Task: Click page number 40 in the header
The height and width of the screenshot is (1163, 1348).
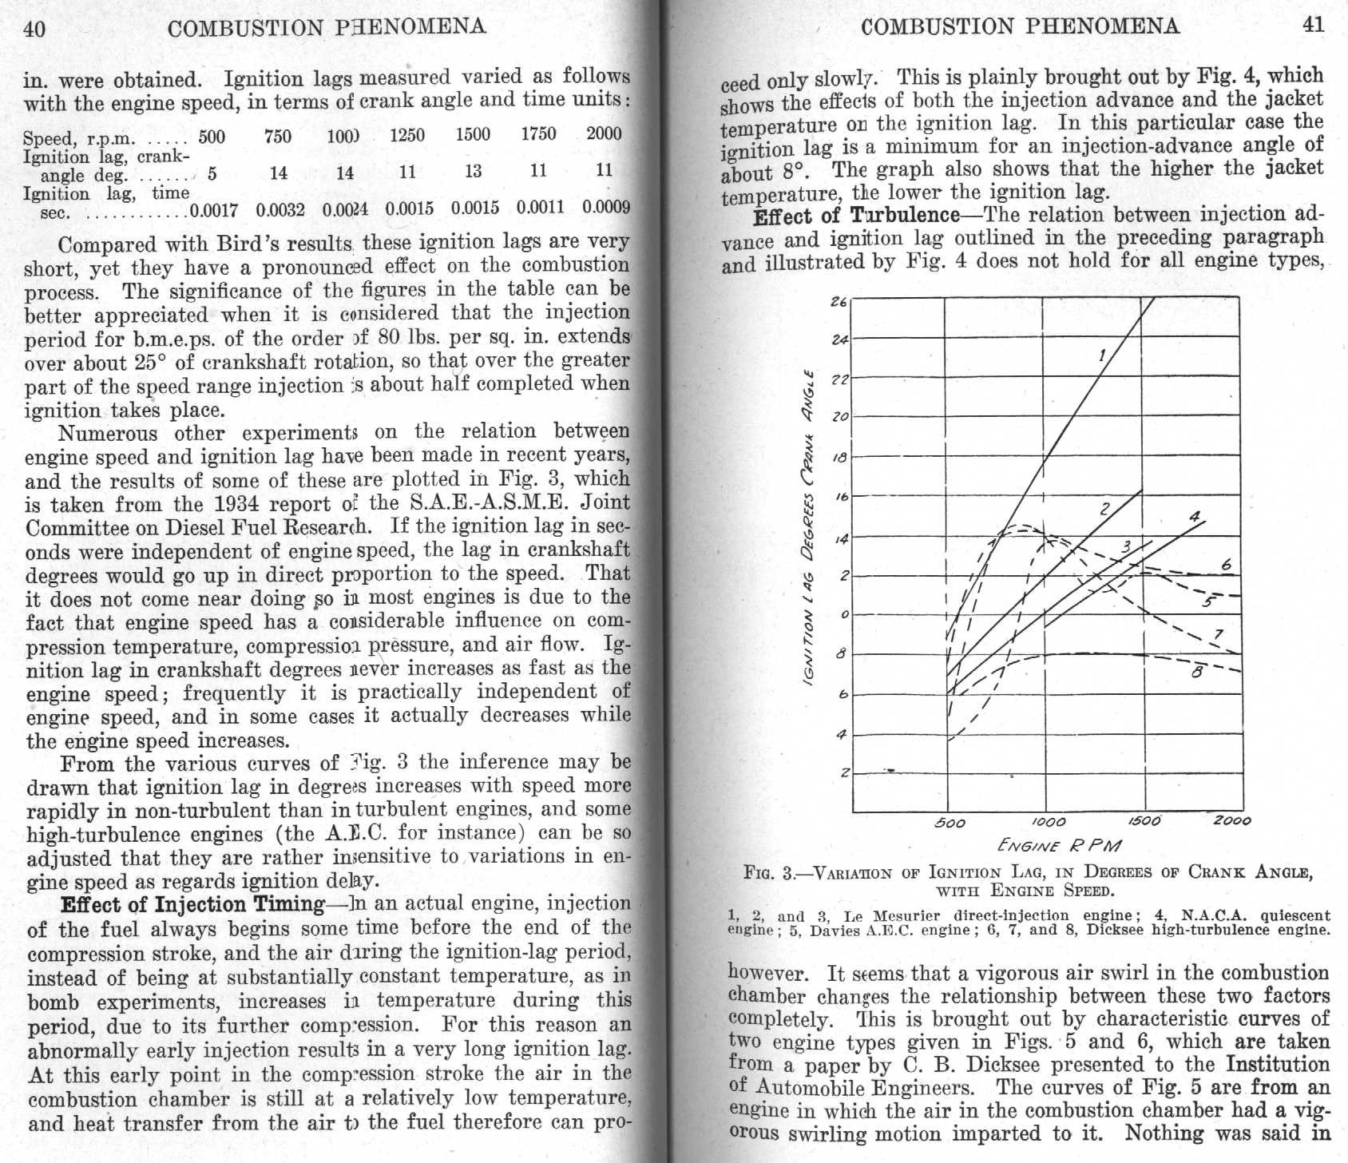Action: (x=35, y=30)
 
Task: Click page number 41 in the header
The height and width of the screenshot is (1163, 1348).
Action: (x=1314, y=25)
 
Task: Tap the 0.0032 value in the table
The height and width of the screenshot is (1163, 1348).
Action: (x=280, y=210)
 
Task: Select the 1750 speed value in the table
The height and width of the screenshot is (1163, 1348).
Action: (x=538, y=133)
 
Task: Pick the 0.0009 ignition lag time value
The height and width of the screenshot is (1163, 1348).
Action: (x=606, y=207)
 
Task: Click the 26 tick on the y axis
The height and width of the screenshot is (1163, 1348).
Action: (x=839, y=302)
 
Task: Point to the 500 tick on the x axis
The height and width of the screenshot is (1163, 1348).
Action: (x=950, y=823)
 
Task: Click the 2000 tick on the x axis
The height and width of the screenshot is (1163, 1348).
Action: (x=1232, y=820)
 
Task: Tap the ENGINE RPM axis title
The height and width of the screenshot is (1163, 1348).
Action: (x=1059, y=845)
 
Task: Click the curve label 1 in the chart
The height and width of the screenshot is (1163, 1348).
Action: (x=1102, y=355)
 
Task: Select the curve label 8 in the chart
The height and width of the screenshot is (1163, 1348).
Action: (x=1196, y=673)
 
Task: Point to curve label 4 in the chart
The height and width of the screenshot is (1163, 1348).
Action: (x=1194, y=517)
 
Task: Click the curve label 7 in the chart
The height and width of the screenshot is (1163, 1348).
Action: (x=1218, y=635)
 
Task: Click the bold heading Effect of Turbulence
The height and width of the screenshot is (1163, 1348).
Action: (x=856, y=216)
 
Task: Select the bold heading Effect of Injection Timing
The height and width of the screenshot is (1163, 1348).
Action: (x=192, y=904)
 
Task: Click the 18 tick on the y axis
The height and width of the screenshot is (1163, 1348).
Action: (x=839, y=458)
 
